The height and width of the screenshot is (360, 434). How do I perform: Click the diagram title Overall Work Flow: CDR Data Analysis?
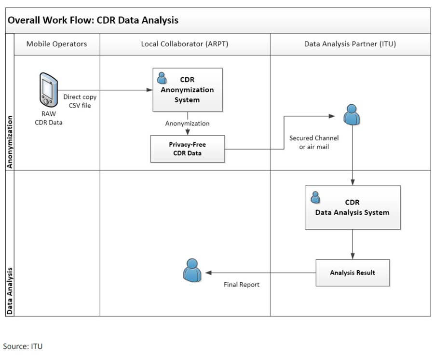(x=93, y=20)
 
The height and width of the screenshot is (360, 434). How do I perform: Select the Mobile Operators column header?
(x=57, y=44)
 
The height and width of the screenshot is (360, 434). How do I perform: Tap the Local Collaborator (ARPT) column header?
(x=185, y=44)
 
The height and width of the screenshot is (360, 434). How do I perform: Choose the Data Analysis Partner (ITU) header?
(x=350, y=44)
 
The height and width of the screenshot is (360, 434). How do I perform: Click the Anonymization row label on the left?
(x=10, y=141)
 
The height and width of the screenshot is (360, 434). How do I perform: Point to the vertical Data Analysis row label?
(x=10, y=291)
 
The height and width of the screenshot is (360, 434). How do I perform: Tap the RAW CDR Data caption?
(x=48, y=118)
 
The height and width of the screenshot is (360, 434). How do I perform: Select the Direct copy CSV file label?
(x=80, y=100)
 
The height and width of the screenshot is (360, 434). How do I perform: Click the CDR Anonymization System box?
(x=188, y=90)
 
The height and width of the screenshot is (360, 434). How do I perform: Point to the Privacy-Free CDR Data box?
(x=188, y=149)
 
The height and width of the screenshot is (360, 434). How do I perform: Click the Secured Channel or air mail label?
(x=314, y=142)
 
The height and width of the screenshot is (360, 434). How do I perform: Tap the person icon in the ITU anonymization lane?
(x=352, y=114)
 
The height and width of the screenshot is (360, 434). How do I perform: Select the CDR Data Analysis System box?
(x=353, y=208)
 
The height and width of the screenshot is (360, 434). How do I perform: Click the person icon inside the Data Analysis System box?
(x=315, y=197)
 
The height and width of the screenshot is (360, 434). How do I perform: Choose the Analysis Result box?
(x=353, y=273)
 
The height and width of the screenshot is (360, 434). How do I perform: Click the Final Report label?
(x=242, y=285)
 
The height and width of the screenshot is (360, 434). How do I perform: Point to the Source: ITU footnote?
(x=23, y=346)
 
